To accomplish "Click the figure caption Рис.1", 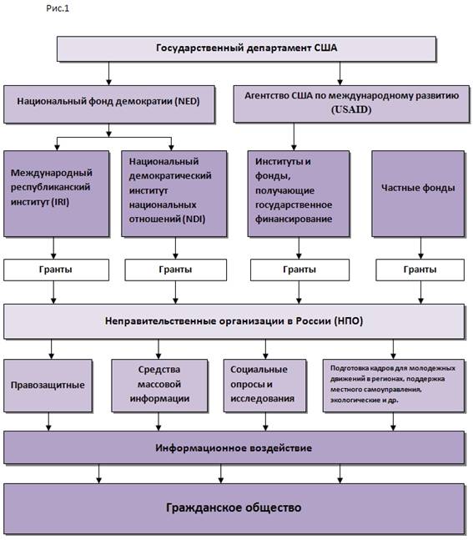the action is point(58,8).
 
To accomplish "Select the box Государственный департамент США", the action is point(246,49).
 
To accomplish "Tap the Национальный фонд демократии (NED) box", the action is point(109,104).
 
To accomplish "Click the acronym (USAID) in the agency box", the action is point(351,109).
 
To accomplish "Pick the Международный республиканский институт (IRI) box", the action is point(57,194).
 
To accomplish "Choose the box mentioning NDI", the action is point(174,194).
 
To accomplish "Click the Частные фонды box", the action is point(418,194).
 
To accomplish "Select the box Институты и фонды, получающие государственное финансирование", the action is point(299,194).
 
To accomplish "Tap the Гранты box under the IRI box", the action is point(56,270).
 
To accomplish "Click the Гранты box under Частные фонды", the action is point(420,270).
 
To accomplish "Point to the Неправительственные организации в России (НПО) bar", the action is point(234,321).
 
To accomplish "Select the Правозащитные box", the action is point(48,386).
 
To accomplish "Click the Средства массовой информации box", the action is point(159,386).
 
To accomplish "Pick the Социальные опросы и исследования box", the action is point(264,386).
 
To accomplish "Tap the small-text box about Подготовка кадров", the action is point(394,386).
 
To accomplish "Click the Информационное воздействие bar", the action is point(234,447).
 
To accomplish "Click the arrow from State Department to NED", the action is point(108,73).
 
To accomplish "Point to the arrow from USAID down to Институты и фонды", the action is point(294,136).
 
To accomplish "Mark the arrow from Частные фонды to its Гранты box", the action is point(420,248).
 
